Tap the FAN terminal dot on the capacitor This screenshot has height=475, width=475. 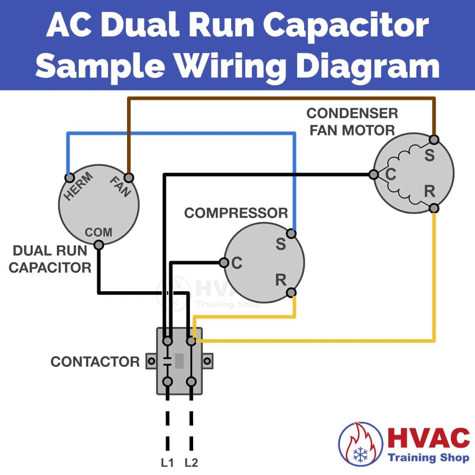pyautogui.click(x=129, y=177)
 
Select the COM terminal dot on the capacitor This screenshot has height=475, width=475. pyautogui.click(x=99, y=245)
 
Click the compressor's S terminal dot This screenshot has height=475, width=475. pyautogui.click(x=291, y=233)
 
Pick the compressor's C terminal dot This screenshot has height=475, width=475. pyautogui.click(x=224, y=262)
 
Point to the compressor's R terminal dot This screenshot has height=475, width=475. pyautogui.click(x=291, y=293)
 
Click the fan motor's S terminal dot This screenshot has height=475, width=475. pyautogui.click(x=434, y=139)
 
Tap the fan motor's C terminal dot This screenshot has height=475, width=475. pyautogui.click(x=373, y=174)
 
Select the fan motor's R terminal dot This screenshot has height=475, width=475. pyautogui.click(x=434, y=208)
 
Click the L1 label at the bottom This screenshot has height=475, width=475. pyautogui.click(x=167, y=462)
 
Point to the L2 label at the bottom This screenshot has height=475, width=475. pyautogui.click(x=191, y=462)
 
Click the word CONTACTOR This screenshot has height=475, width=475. pyautogui.click(x=95, y=361)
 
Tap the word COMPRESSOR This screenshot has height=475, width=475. pyautogui.click(x=236, y=213)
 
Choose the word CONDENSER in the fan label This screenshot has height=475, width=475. pyautogui.click(x=352, y=113)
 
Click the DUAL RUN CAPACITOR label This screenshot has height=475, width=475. pyautogui.click(x=50, y=259)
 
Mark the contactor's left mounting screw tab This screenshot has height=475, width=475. pyautogui.click(x=151, y=361)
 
